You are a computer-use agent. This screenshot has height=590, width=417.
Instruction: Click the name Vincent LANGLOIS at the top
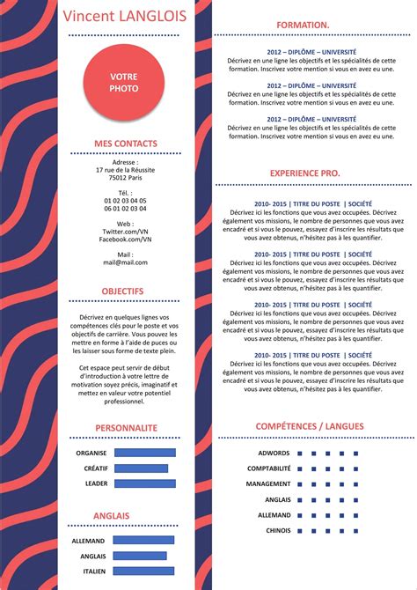tap(124, 16)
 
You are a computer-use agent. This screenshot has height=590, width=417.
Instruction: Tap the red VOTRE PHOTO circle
tap(124, 83)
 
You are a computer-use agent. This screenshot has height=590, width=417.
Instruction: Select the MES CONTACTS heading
tap(126, 144)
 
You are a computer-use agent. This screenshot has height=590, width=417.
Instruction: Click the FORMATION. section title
tap(303, 26)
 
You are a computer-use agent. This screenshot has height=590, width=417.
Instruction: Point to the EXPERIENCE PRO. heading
tap(304, 173)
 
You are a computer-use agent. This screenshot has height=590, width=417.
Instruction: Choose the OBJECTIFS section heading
tap(122, 291)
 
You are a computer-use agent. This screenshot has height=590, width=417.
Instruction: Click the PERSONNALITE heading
tap(126, 427)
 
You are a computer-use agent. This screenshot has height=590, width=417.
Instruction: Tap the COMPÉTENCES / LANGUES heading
tap(309, 426)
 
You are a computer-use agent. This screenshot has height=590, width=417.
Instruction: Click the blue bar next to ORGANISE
tap(145, 453)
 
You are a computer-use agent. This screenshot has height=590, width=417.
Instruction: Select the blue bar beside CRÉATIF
tap(141, 468)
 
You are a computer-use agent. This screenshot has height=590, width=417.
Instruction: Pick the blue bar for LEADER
tap(145, 483)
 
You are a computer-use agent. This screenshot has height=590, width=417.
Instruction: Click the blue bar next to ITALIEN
tap(143, 572)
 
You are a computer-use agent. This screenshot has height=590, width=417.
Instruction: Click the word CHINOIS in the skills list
tap(278, 530)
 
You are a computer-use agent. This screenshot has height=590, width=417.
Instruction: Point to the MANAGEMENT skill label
tap(267, 484)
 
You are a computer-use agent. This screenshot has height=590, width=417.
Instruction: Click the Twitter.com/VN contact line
tap(125, 232)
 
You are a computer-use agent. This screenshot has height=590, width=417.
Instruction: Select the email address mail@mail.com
tap(125, 262)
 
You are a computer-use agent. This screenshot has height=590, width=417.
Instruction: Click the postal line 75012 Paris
tap(125, 177)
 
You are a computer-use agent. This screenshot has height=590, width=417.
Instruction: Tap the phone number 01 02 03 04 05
tap(125, 201)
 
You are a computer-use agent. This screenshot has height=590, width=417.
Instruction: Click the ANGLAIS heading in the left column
tap(112, 515)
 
